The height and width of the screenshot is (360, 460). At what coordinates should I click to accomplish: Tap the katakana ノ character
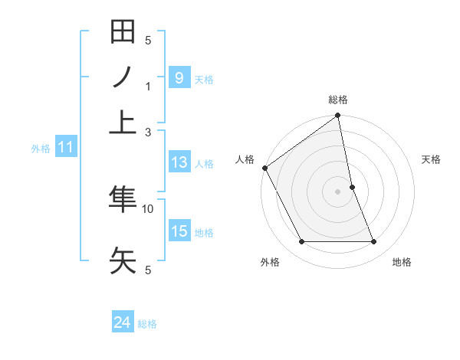point(123,77)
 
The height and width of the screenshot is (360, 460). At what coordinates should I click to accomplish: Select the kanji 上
point(123,120)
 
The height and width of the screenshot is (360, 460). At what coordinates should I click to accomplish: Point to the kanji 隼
point(123,199)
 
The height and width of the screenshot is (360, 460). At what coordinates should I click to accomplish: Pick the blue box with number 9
point(179,78)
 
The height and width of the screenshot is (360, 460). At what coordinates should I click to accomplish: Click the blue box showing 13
point(179,162)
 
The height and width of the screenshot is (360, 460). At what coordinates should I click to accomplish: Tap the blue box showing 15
point(179,231)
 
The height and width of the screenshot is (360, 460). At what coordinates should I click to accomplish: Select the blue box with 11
point(65,147)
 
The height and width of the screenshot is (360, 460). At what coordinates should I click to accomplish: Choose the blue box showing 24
point(123,323)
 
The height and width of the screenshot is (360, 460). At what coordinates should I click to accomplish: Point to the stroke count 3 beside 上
point(148,131)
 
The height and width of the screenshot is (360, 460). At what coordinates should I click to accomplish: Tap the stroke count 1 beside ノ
point(148,86)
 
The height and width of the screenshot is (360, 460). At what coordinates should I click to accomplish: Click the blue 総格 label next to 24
point(147,324)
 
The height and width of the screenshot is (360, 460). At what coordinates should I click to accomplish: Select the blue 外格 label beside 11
point(40,148)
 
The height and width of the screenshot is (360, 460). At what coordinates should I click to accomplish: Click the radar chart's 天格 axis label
point(431,159)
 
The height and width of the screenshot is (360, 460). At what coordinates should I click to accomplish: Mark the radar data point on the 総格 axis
point(337,116)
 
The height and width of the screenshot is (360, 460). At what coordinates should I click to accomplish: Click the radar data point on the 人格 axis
point(264,168)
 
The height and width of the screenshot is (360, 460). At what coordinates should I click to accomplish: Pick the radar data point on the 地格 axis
point(374,242)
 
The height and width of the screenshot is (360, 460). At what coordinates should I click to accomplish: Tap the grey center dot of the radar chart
point(337,191)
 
